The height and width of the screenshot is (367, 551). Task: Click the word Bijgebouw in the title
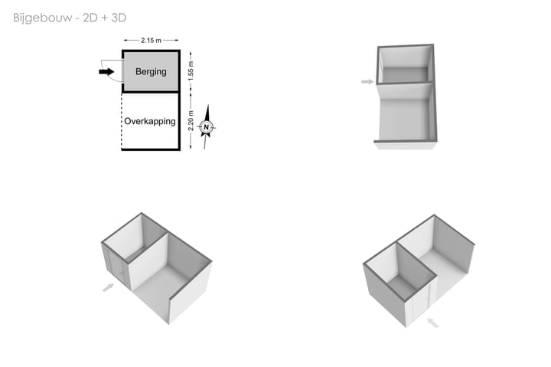click(x=43, y=18)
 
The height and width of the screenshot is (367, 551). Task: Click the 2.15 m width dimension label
click(x=151, y=41)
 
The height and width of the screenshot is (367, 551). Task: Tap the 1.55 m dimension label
click(x=191, y=70)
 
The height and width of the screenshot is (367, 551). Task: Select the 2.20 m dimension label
click(x=191, y=121)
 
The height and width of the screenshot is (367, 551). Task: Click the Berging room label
click(x=151, y=72)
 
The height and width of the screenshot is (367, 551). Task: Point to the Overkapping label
click(x=150, y=121)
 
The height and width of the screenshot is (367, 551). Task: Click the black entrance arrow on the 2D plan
click(x=106, y=72)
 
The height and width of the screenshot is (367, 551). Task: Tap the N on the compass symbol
click(x=207, y=127)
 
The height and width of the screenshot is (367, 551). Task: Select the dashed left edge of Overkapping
click(x=122, y=121)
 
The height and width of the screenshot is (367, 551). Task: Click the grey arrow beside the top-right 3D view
click(x=367, y=82)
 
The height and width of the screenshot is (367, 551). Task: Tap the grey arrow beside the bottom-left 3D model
click(x=108, y=287)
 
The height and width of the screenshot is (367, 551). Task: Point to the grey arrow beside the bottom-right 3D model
click(x=432, y=323)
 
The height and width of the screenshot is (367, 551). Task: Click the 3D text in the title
click(x=119, y=18)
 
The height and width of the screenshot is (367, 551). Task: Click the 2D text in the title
click(x=90, y=18)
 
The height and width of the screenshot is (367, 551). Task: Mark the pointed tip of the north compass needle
click(x=208, y=105)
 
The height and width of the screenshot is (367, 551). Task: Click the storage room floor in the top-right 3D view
click(x=405, y=74)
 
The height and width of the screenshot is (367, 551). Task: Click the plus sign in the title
click(x=105, y=18)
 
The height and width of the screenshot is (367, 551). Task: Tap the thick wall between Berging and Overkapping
click(x=151, y=92)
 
